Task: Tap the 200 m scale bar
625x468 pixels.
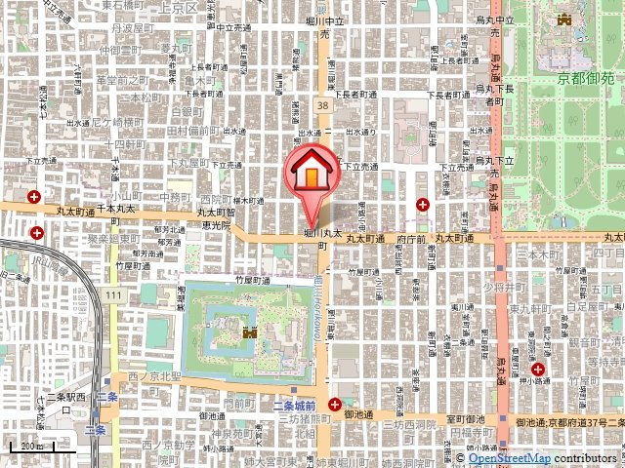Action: (x=28, y=448)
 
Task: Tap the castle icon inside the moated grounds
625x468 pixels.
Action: (x=250, y=332)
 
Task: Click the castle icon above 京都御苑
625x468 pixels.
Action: (x=563, y=19)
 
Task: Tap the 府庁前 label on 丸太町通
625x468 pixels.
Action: (x=415, y=238)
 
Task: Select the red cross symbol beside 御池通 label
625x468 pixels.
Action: (x=336, y=404)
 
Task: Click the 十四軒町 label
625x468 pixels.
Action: (x=122, y=142)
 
